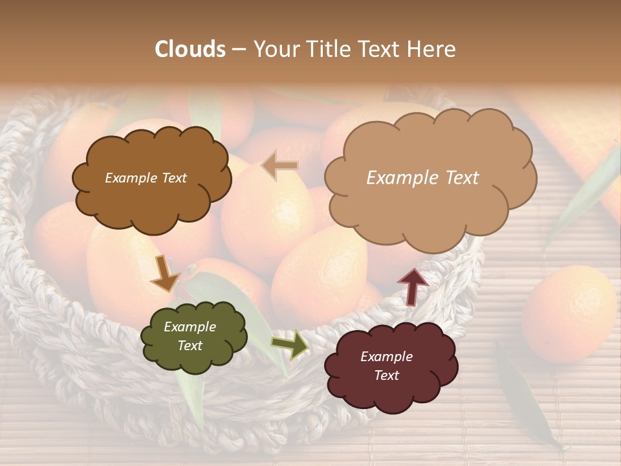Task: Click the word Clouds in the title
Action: (x=190, y=49)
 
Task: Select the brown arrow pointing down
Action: (x=164, y=273)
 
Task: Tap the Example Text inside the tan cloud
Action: (x=422, y=177)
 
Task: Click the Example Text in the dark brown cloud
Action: (x=146, y=178)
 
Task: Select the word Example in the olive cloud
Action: (x=190, y=327)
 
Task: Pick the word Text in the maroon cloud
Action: (x=386, y=375)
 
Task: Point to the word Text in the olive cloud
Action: (x=190, y=346)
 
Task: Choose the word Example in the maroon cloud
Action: (x=386, y=357)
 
